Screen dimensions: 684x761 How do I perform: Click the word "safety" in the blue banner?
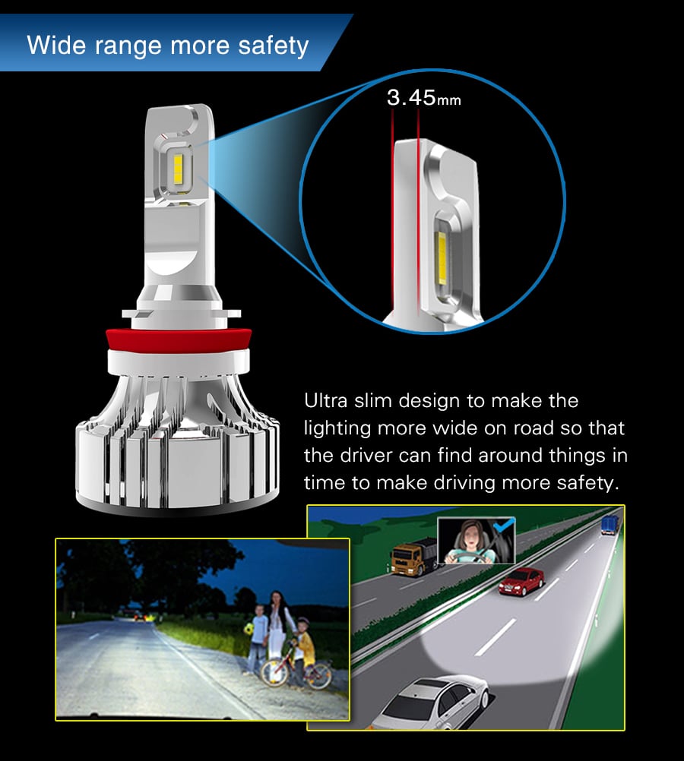pyautogui.click(x=273, y=46)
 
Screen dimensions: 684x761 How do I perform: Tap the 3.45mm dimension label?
pyautogui.click(x=423, y=97)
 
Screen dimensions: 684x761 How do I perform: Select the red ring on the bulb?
pyautogui.click(x=179, y=340)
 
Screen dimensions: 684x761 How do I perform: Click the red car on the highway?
pyautogui.click(x=521, y=582)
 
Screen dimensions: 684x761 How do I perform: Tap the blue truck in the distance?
pyautogui.click(x=610, y=525)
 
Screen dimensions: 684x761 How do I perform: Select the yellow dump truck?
pyautogui.click(x=414, y=557)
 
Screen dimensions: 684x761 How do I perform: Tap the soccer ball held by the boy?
pyautogui.click(x=249, y=629)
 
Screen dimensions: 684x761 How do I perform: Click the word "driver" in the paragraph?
pyautogui.click(x=366, y=456)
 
